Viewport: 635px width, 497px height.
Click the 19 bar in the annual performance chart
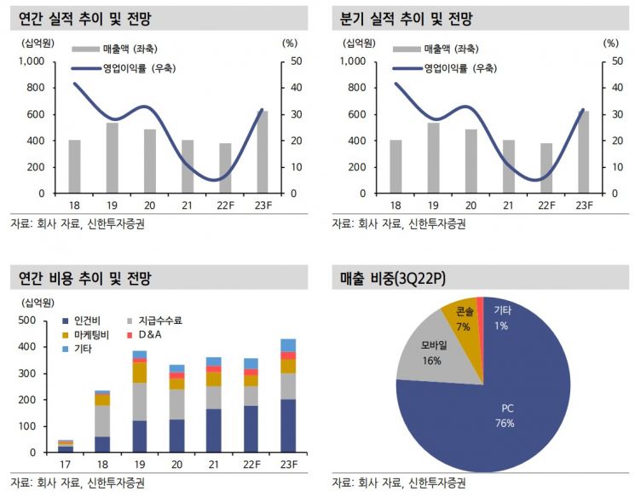point(112,158)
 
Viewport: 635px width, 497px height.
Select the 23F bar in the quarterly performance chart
point(584,152)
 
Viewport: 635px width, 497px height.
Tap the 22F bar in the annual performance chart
point(225,168)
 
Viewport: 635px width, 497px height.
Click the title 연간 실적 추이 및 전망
point(84,19)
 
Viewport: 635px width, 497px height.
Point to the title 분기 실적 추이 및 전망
point(407,19)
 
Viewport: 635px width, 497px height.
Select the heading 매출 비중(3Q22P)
point(392,278)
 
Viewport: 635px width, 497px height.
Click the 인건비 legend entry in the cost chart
point(81,321)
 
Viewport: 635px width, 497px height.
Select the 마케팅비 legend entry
point(85,335)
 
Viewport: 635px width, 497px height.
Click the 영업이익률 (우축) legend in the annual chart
point(124,68)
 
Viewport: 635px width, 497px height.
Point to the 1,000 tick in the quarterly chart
point(353,61)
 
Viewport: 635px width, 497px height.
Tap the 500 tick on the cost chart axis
point(27,321)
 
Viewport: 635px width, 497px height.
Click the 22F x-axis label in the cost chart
point(251,465)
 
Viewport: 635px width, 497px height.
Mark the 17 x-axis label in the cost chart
point(65,465)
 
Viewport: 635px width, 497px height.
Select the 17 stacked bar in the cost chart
point(65,446)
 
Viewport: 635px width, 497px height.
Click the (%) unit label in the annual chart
point(290,43)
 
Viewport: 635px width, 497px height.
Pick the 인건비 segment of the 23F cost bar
point(288,425)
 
